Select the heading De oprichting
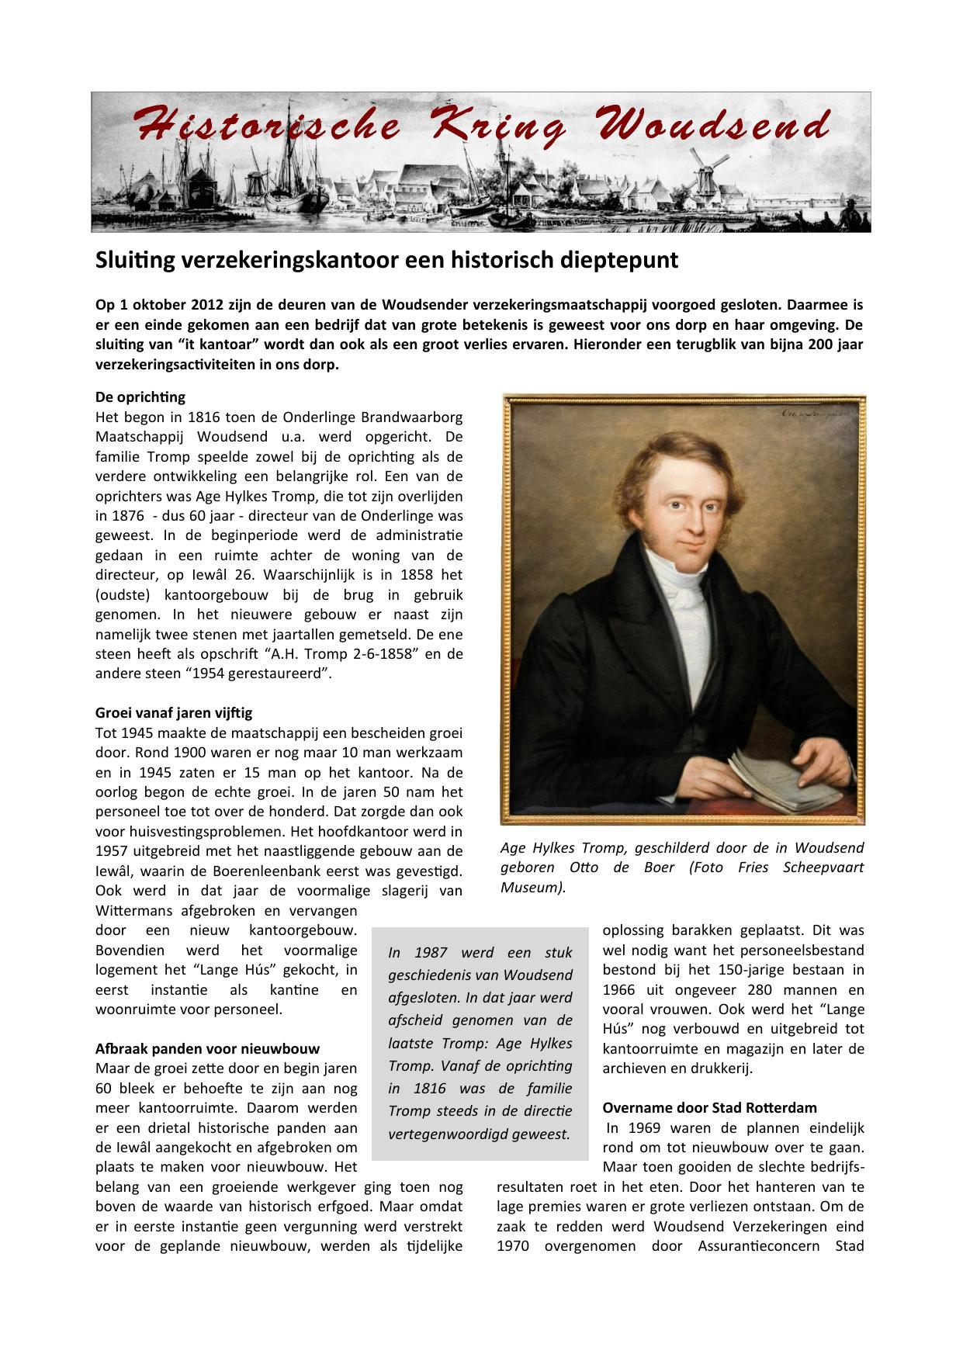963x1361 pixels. coord(140,397)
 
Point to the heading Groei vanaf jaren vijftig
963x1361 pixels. coord(174,712)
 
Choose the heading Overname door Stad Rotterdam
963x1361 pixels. coord(709,1107)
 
